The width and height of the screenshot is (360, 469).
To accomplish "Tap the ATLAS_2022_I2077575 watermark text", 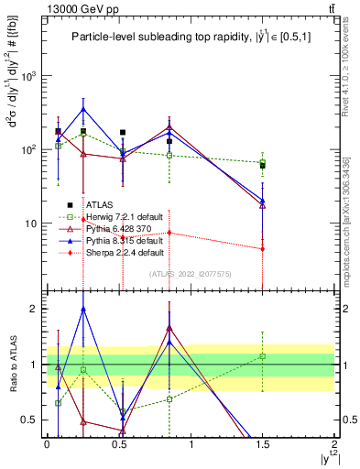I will pos(191,274).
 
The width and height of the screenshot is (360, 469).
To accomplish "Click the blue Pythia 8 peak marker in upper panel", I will pos(83,109).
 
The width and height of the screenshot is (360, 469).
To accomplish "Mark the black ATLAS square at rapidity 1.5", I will pos(263,166).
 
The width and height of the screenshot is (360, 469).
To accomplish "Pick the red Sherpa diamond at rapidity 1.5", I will pos(263,248).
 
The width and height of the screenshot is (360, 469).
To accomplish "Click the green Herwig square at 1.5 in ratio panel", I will pos(263,355).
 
